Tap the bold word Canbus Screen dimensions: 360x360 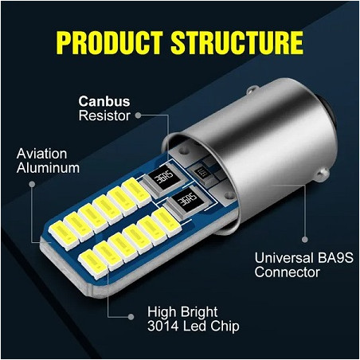(x=104, y=102)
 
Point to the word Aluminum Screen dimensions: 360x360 (x=48, y=167)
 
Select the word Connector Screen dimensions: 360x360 (x=288, y=272)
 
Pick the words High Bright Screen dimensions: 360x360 (x=182, y=311)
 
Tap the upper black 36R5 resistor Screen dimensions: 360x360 (x=163, y=178)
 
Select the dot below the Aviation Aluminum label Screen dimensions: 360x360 (x=33, y=183)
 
